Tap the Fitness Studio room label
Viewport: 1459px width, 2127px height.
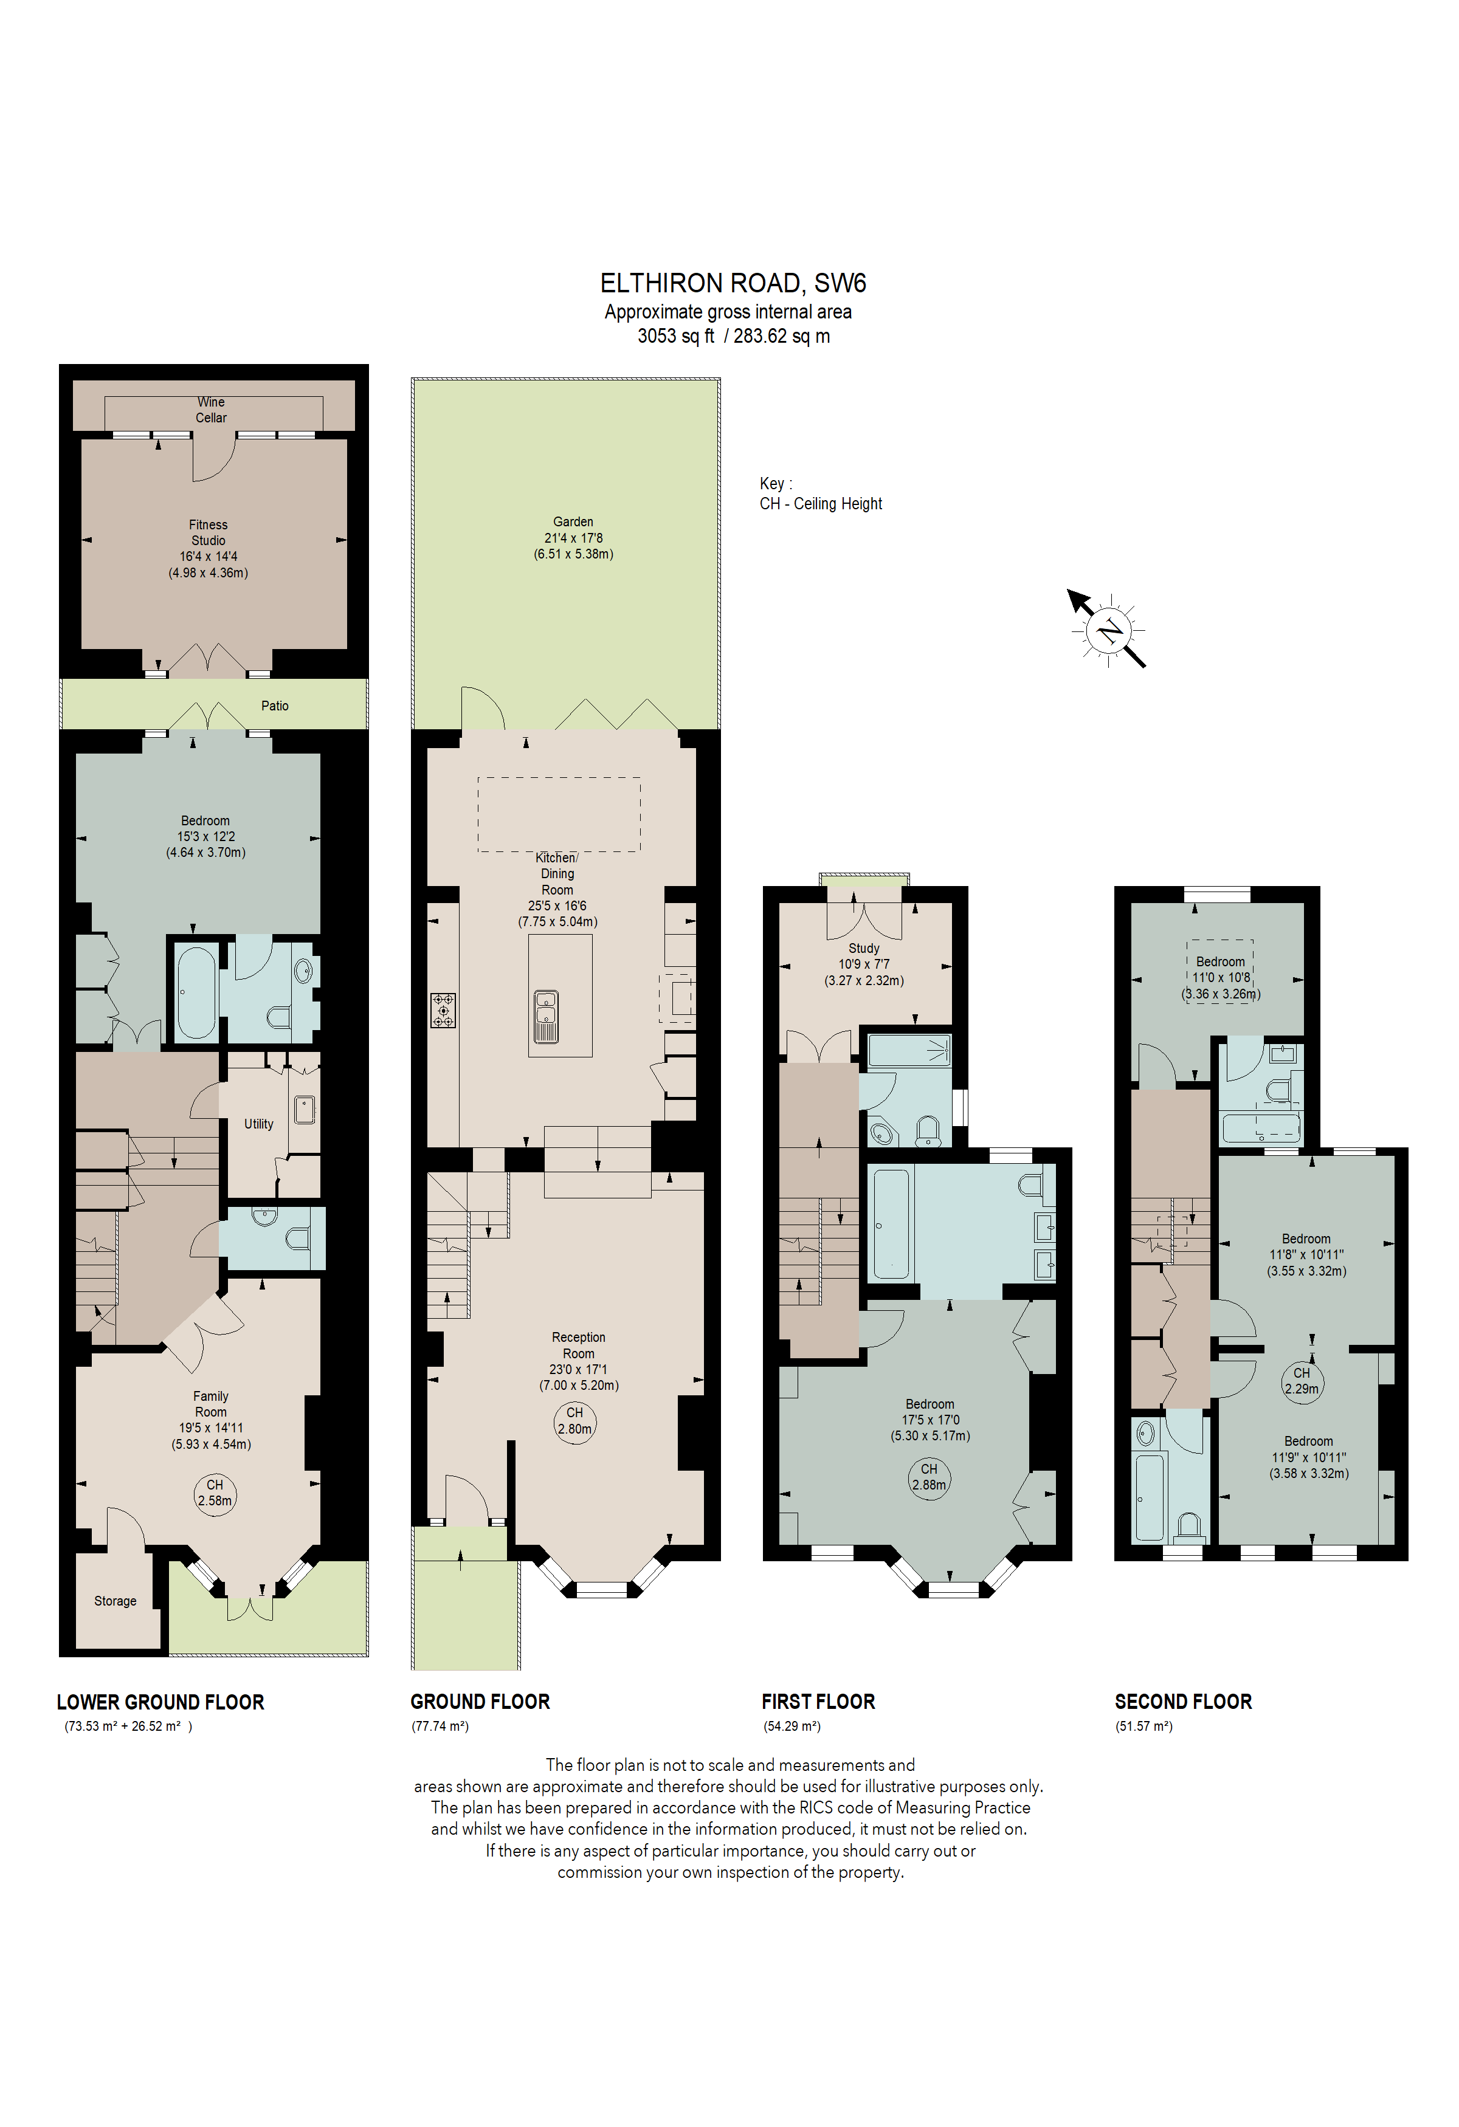click(208, 533)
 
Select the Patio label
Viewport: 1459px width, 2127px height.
click(275, 706)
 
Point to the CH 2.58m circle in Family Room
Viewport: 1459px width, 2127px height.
click(215, 1492)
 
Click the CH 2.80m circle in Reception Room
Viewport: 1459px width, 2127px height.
click(575, 1420)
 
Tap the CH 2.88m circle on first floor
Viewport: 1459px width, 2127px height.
click(929, 1476)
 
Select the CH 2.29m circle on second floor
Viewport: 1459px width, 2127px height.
click(1302, 1380)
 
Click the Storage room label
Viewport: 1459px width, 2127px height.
click(116, 1601)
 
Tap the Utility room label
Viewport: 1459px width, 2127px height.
click(258, 1124)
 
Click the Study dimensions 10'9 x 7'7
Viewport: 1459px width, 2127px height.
click(863, 964)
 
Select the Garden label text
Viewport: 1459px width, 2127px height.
click(573, 521)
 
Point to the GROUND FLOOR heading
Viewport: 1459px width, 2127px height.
click(480, 1702)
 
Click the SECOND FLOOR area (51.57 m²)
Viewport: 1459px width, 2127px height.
click(1143, 1726)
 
